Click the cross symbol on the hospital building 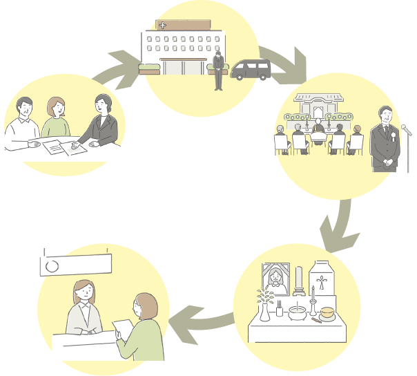163,26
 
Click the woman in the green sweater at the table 55,119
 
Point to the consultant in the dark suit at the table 102,122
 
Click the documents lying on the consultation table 65,147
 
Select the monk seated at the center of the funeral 318,129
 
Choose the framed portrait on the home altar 277,279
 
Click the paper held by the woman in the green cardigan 123,325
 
